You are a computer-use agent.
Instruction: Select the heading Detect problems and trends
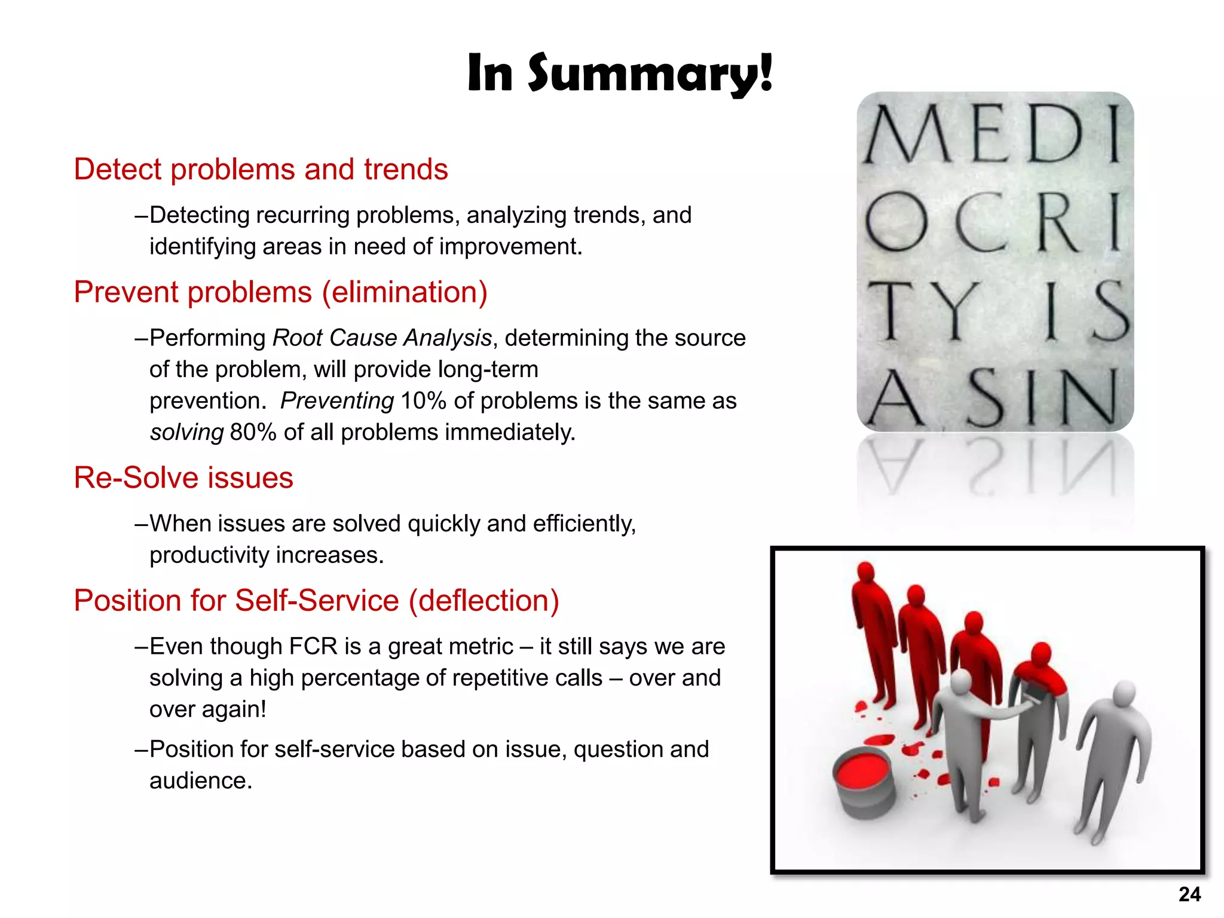pyautogui.click(x=261, y=169)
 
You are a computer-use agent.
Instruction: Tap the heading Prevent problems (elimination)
pyautogui.click(x=280, y=292)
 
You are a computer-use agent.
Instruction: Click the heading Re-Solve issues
pyautogui.click(x=183, y=478)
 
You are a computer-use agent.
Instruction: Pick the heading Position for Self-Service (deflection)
pyautogui.click(x=316, y=601)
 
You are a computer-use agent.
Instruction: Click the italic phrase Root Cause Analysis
pyautogui.click(x=382, y=338)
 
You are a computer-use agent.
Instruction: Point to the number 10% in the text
pyautogui.click(x=423, y=401)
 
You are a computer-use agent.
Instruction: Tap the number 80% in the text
pyautogui.click(x=252, y=433)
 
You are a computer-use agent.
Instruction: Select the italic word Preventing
pyautogui.click(x=337, y=401)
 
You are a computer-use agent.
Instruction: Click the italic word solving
pyautogui.click(x=186, y=433)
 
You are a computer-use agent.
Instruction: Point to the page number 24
pyautogui.click(x=1189, y=894)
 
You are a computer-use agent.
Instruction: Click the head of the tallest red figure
pyautogui.click(x=866, y=573)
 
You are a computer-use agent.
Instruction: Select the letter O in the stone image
pyautogui.click(x=896, y=222)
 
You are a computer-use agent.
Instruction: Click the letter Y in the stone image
pyautogui.click(x=954, y=311)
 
